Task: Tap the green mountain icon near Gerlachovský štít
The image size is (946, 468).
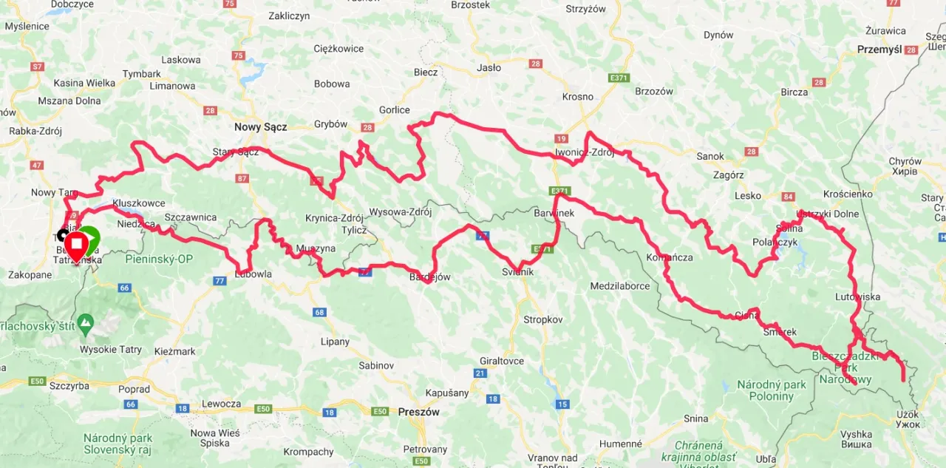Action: pyautogui.click(x=86, y=323)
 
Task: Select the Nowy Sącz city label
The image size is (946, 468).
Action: pyautogui.click(x=260, y=127)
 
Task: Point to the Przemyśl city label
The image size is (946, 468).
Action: pyautogui.click(x=879, y=50)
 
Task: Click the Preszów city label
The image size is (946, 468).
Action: pyautogui.click(x=419, y=412)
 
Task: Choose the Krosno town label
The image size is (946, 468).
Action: pyautogui.click(x=577, y=97)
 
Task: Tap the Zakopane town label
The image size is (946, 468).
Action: pyautogui.click(x=30, y=275)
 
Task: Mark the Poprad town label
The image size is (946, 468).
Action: pyautogui.click(x=134, y=390)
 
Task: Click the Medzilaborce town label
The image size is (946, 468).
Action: pyautogui.click(x=619, y=286)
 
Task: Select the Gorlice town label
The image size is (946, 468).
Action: pyautogui.click(x=394, y=110)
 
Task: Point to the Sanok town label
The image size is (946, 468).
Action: pyautogui.click(x=710, y=157)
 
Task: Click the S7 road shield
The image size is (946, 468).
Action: pyautogui.click(x=37, y=67)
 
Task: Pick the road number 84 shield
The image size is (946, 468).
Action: pyautogui.click(x=788, y=197)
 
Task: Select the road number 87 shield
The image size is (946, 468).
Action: pyautogui.click(x=242, y=178)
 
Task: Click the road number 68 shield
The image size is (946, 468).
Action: pyautogui.click(x=319, y=312)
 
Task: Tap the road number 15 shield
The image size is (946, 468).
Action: pyautogui.click(x=562, y=404)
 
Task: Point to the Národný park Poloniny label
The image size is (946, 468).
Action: pyautogui.click(x=771, y=390)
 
